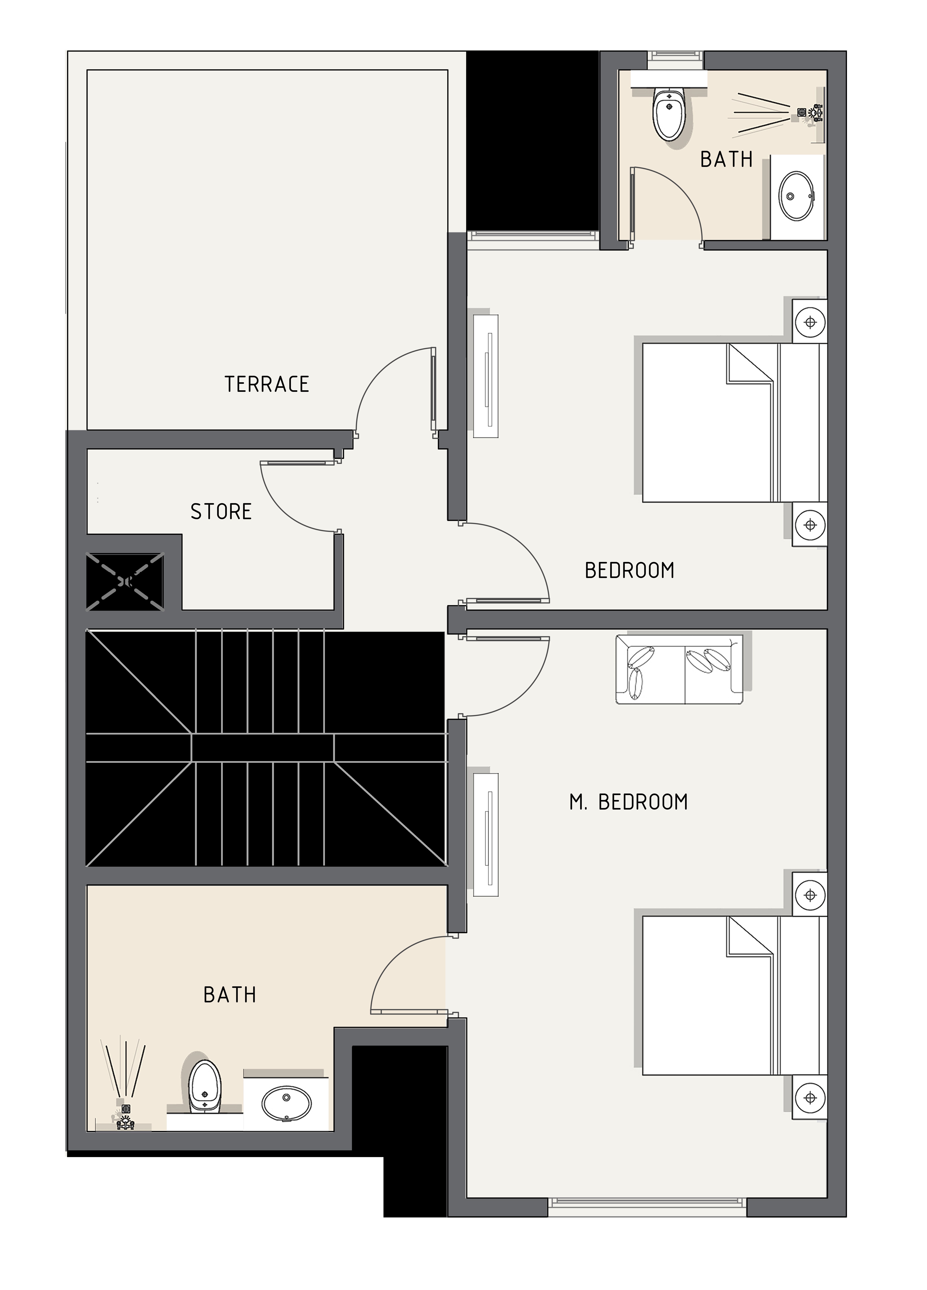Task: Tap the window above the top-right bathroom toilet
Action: pos(675,56)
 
